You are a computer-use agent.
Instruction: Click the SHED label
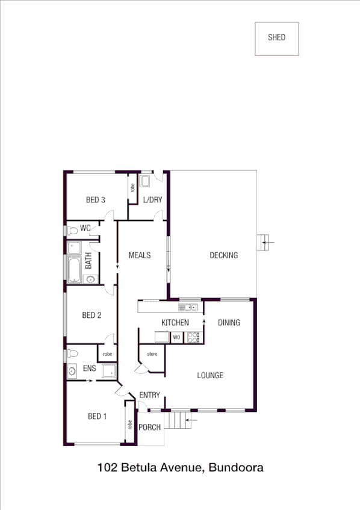click(276, 37)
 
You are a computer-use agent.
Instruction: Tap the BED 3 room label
click(96, 200)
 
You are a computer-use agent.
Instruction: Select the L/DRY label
click(152, 200)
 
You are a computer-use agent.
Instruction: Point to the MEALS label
click(140, 255)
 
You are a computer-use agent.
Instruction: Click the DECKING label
click(223, 255)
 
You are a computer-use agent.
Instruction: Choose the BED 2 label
click(92, 315)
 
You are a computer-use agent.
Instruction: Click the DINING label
click(229, 323)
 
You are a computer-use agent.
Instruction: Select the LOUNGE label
click(210, 376)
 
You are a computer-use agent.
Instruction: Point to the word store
click(152, 354)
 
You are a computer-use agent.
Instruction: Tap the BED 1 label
click(97, 416)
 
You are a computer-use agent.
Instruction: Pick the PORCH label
click(150, 428)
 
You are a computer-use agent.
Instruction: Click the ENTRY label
click(149, 395)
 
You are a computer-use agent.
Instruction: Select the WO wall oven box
click(177, 338)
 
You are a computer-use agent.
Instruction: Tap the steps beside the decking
click(262, 243)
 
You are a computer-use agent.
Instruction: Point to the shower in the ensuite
click(109, 371)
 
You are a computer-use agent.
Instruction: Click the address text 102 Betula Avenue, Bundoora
click(180, 467)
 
